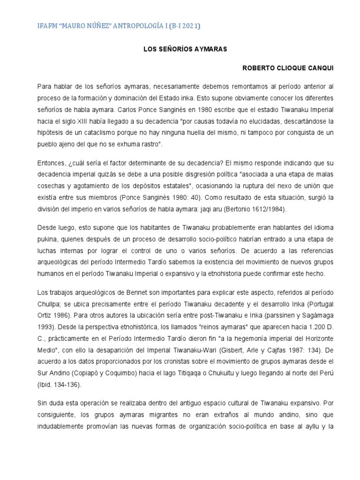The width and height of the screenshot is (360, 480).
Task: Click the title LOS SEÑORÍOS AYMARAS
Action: point(180,49)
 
